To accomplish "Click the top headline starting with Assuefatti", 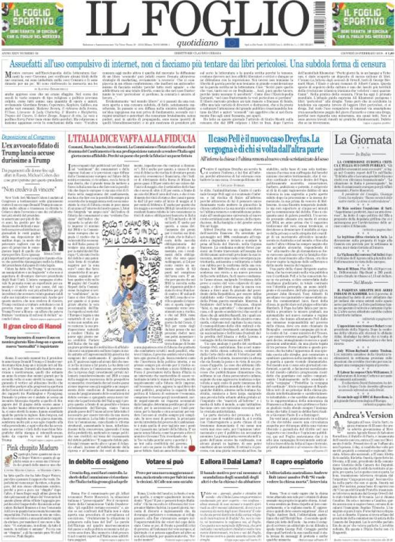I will [197, 60].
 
